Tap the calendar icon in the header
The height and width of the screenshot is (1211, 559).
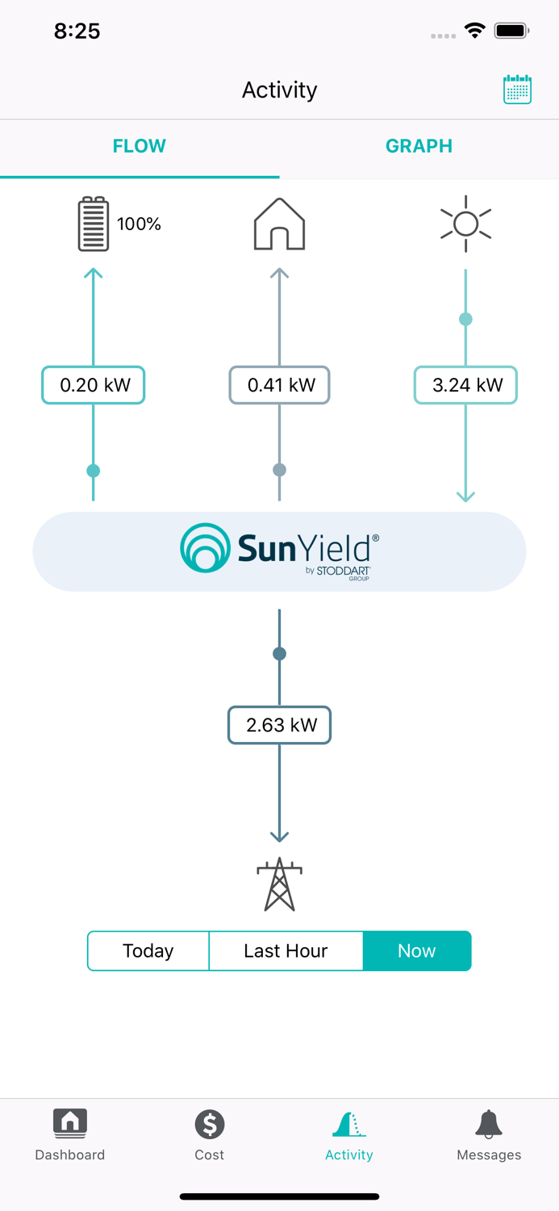pos(517,90)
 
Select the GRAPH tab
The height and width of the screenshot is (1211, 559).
pos(419,146)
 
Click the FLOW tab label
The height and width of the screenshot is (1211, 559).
pos(140,146)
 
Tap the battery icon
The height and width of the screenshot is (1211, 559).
pos(94,224)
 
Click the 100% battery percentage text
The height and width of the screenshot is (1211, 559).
pos(139,224)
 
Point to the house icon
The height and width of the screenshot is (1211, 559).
pos(279,224)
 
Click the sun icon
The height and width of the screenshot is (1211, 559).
pos(465,224)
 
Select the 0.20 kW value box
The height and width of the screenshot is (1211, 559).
pos(94,385)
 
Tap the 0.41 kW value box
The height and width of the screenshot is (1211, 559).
pos(279,385)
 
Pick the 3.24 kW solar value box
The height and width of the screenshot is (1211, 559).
pos(465,385)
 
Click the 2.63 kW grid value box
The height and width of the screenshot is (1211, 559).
pos(279,725)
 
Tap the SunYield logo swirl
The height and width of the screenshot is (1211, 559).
pos(205,548)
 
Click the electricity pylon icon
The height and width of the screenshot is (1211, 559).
pos(279,885)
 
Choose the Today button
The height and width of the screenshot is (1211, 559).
pos(148,951)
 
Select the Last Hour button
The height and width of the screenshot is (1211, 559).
pos(286,951)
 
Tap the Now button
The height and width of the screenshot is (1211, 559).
pos(416,951)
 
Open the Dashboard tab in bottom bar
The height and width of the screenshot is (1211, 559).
pos(70,1134)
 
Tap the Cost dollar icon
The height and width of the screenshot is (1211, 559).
pos(209,1124)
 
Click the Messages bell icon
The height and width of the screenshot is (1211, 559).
pos(489,1124)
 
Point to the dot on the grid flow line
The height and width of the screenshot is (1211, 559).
pos(279,654)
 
